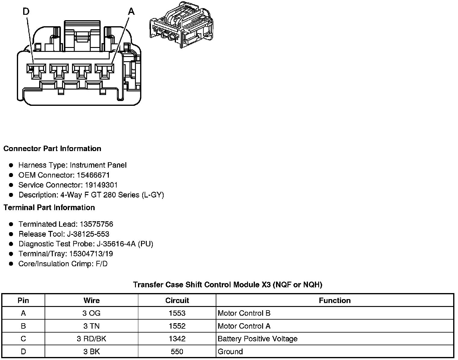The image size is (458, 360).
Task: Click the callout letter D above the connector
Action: pyautogui.click(x=26, y=11)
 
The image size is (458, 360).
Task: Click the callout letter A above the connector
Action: pyautogui.click(x=131, y=11)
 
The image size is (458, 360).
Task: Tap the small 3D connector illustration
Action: pyautogui.click(x=181, y=25)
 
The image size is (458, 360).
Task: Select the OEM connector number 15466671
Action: pyautogui.click(x=93, y=175)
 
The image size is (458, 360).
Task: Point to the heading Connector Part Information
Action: pyautogui.click(x=52, y=149)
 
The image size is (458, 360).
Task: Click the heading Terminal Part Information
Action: pyautogui.click(x=49, y=208)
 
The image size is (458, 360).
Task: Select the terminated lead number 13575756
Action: pyautogui.click(x=96, y=224)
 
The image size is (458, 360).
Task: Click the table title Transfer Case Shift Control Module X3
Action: pyautogui.click(x=227, y=285)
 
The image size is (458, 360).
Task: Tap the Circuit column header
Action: pyautogui.click(x=177, y=301)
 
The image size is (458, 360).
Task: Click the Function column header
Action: pyautogui.click(x=334, y=301)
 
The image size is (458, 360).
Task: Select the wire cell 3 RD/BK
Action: pyautogui.click(x=91, y=339)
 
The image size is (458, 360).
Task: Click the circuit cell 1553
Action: pyautogui.click(x=177, y=313)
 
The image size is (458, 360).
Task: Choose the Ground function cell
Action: pyautogui.click(x=230, y=352)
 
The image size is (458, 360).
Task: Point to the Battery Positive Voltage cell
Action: pyautogui.click(x=257, y=339)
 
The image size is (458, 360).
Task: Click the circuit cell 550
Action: pyautogui.click(x=177, y=352)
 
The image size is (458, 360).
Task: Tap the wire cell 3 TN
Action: pyautogui.click(x=91, y=326)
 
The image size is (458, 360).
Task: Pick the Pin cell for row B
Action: pyautogui.click(x=23, y=326)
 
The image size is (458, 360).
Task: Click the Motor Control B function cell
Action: pyautogui.click(x=244, y=313)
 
